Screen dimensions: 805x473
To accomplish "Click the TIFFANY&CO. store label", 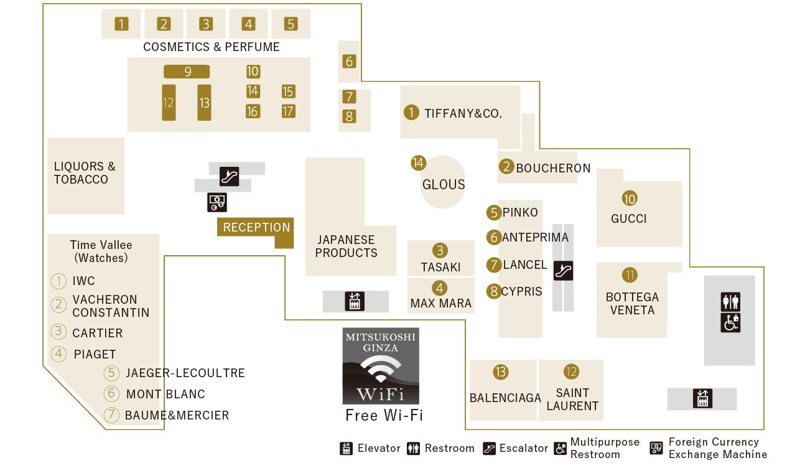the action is pos(463,113).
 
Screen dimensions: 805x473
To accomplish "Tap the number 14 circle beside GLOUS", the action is pos(418,163).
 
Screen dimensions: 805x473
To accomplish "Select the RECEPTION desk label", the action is pos(256,227).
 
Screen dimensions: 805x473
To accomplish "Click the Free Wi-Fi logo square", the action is pos(381,366).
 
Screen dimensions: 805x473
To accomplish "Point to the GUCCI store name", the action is pos(628,218).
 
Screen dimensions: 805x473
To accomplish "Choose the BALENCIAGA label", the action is pos(505,398).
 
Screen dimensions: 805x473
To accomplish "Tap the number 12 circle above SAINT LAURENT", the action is pos(571,372).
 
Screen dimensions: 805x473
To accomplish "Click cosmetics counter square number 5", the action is pos(291,24).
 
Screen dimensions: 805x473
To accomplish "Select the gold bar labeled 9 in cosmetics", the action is pos(187,72).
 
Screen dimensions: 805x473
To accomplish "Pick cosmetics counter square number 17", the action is pos(288,111).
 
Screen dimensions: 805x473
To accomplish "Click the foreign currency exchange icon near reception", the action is pos(217,202).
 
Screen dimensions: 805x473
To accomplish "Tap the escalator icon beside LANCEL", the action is pos(563,271).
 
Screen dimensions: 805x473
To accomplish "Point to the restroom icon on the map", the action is pos(730,302).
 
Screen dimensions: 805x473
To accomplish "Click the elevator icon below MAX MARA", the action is pos(355,301).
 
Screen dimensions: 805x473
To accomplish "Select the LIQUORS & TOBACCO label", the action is pos(85,173).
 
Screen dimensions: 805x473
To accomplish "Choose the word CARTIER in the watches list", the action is pos(97,333).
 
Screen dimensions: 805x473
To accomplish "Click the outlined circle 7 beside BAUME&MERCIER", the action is pos(111,415).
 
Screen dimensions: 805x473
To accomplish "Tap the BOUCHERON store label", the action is pos(553,168).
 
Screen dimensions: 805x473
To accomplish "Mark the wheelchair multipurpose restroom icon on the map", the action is pos(730,323).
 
